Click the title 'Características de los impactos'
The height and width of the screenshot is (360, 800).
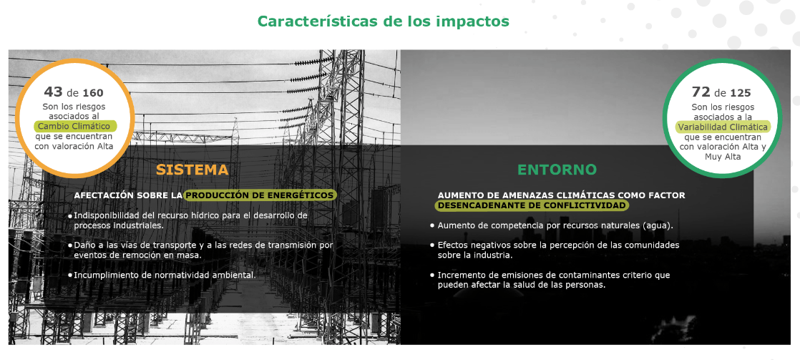[383, 21]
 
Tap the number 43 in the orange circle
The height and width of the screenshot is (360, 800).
[53, 92]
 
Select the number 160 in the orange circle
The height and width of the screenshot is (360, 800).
[93, 93]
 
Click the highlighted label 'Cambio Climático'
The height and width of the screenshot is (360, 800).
[74, 126]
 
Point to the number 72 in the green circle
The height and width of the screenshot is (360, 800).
[701, 92]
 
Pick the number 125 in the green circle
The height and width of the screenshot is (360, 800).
[741, 93]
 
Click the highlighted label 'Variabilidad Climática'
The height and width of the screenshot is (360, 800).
[723, 127]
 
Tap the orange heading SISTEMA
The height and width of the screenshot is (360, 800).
[192, 170]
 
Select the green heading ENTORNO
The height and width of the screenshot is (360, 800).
[557, 170]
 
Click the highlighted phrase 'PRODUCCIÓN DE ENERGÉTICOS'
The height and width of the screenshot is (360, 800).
[260, 195]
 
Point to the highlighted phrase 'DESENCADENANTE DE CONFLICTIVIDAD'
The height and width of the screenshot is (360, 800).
[532, 205]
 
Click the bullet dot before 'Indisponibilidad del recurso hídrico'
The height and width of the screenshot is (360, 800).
[70, 216]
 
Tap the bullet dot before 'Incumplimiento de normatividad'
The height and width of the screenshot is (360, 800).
[70, 276]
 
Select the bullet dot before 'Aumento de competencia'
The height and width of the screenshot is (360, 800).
[432, 225]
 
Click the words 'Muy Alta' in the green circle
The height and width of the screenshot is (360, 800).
[723, 157]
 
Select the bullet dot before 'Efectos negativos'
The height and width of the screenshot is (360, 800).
[432, 245]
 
